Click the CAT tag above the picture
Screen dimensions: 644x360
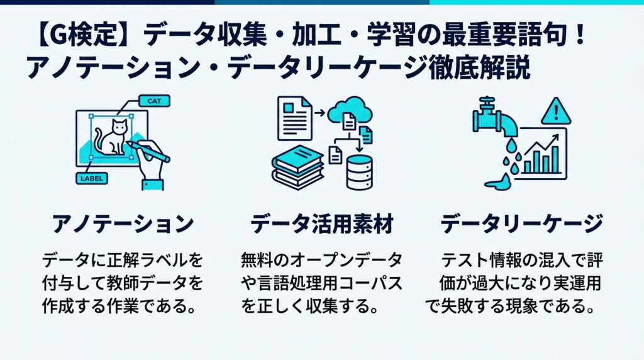tap(154, 101)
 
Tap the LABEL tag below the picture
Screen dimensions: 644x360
tap(92, 178)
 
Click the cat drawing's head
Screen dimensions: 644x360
tap(119, 127)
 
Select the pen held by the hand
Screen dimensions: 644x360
tap(148, 151)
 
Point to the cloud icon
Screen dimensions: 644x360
tap(350, 111)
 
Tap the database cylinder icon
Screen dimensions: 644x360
tap(360, 172)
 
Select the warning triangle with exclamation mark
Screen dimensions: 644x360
tap(556, 111)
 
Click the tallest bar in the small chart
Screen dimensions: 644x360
tap(555, 159)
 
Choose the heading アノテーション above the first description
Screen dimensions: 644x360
tap(123, 224)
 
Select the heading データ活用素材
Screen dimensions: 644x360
tap(322, 224)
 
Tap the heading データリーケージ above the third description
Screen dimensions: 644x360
tap(521, 224)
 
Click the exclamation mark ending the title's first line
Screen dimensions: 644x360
tap(580, 35)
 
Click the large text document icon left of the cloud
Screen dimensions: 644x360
tap(295, 118)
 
